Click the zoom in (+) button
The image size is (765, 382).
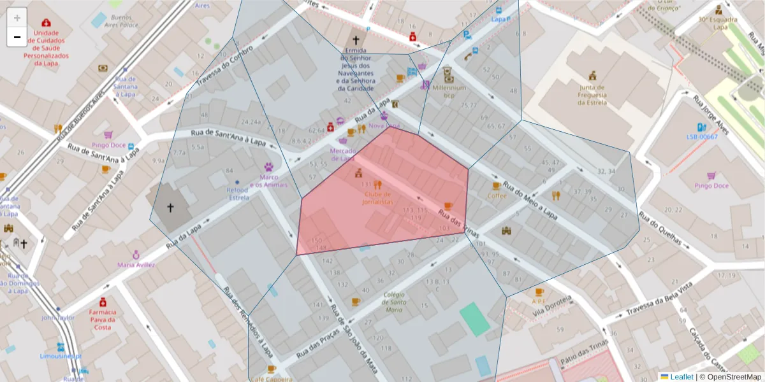[17, 17]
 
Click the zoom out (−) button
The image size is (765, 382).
[17, 37]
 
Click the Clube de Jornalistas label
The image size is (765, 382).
[379, 197]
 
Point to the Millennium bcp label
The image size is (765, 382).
[449, 92]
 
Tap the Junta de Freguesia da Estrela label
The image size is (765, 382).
[592, 95]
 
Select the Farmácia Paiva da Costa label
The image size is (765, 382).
[103, 320]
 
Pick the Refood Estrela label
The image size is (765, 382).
[239, 194]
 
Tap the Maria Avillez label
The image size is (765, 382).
[135, 264]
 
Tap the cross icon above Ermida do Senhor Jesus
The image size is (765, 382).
[356, 39]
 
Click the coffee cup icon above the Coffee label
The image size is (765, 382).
[496, 186]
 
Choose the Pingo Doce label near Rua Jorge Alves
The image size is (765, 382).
[711, 185]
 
